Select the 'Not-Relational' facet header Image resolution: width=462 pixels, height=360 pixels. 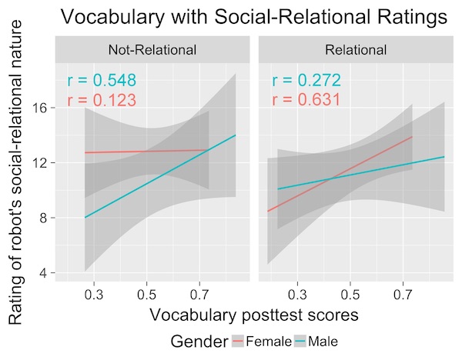pos(152,51)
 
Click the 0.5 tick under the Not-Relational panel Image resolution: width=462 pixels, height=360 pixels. pos(146,295)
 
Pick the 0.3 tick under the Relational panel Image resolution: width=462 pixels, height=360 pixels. pos(298,295)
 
